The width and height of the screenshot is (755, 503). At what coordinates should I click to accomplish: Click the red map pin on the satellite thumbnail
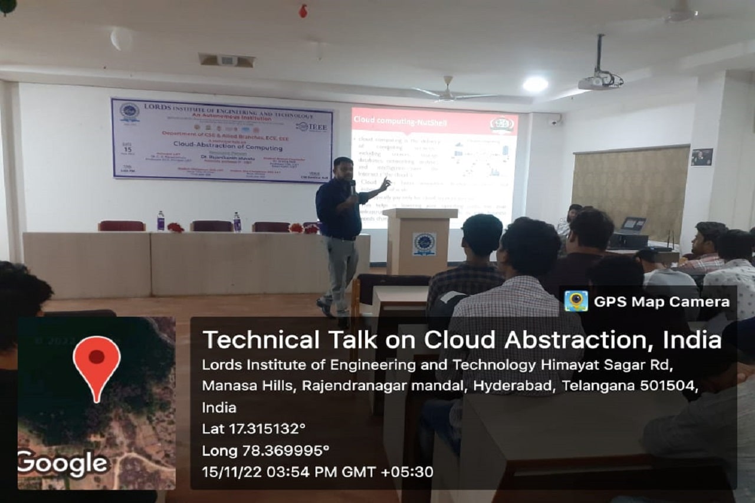tap(97, 362)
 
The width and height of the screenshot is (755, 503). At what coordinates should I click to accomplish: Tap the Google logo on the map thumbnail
tap(63, 463)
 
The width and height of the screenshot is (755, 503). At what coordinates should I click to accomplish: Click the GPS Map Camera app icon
tap(576, 301)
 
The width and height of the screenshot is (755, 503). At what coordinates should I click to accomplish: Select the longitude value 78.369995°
tap(285, 451)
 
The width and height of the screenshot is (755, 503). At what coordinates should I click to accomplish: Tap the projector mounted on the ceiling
tap(599, 80)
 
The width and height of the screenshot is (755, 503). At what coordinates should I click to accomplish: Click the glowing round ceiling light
tap(536, 84)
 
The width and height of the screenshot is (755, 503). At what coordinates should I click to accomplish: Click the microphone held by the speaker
tap(353, 188)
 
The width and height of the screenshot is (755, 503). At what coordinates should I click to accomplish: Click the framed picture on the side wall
tap(702, 157)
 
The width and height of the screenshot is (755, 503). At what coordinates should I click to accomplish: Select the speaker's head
tap(343, 168)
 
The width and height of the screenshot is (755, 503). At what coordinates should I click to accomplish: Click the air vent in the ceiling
tap(227, 60)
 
